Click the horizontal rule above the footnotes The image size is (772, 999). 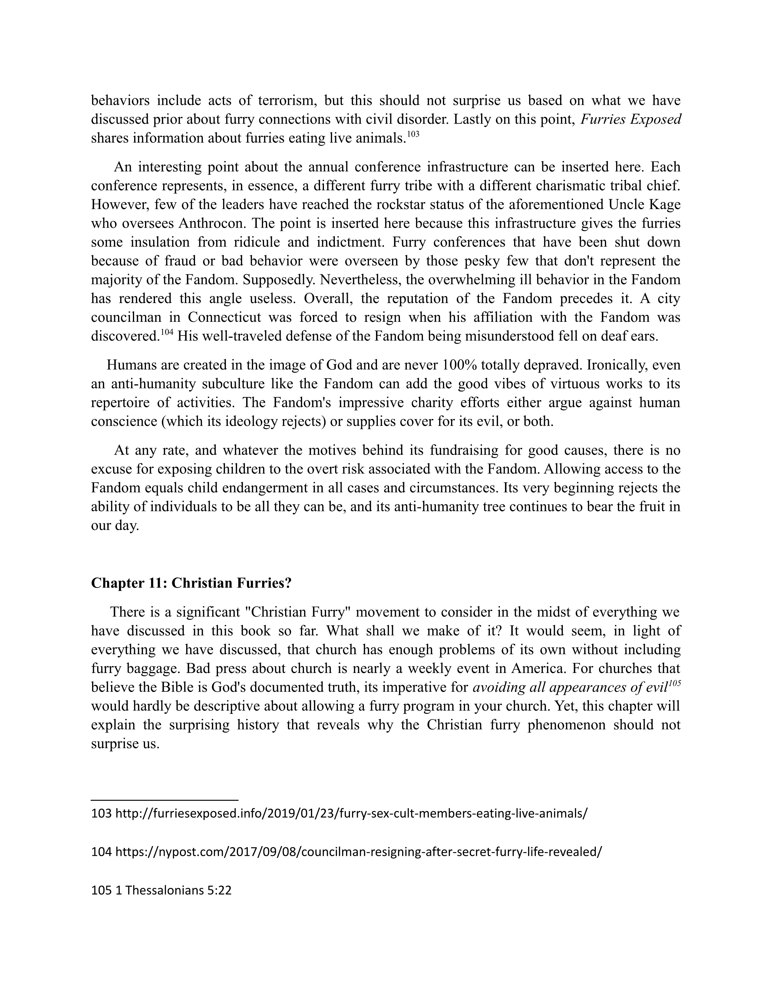coord(165,800)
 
